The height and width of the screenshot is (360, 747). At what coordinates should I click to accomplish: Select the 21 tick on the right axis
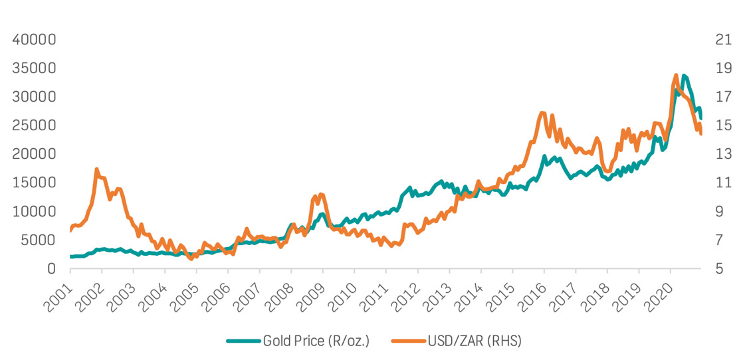click(724, 40)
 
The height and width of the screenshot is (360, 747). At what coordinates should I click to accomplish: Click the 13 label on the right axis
click(724, 154)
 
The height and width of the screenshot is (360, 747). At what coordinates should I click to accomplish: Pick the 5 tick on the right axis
click(720, 268)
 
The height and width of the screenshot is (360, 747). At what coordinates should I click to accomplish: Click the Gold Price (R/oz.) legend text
click(316, 341)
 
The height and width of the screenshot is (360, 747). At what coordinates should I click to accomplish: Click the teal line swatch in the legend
click(243, 341)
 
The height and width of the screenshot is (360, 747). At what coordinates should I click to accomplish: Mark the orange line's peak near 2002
click(97, 169)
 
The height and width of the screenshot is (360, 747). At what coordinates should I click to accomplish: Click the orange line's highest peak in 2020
click(676, 75)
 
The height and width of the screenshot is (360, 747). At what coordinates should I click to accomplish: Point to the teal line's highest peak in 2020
click(684, 76)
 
